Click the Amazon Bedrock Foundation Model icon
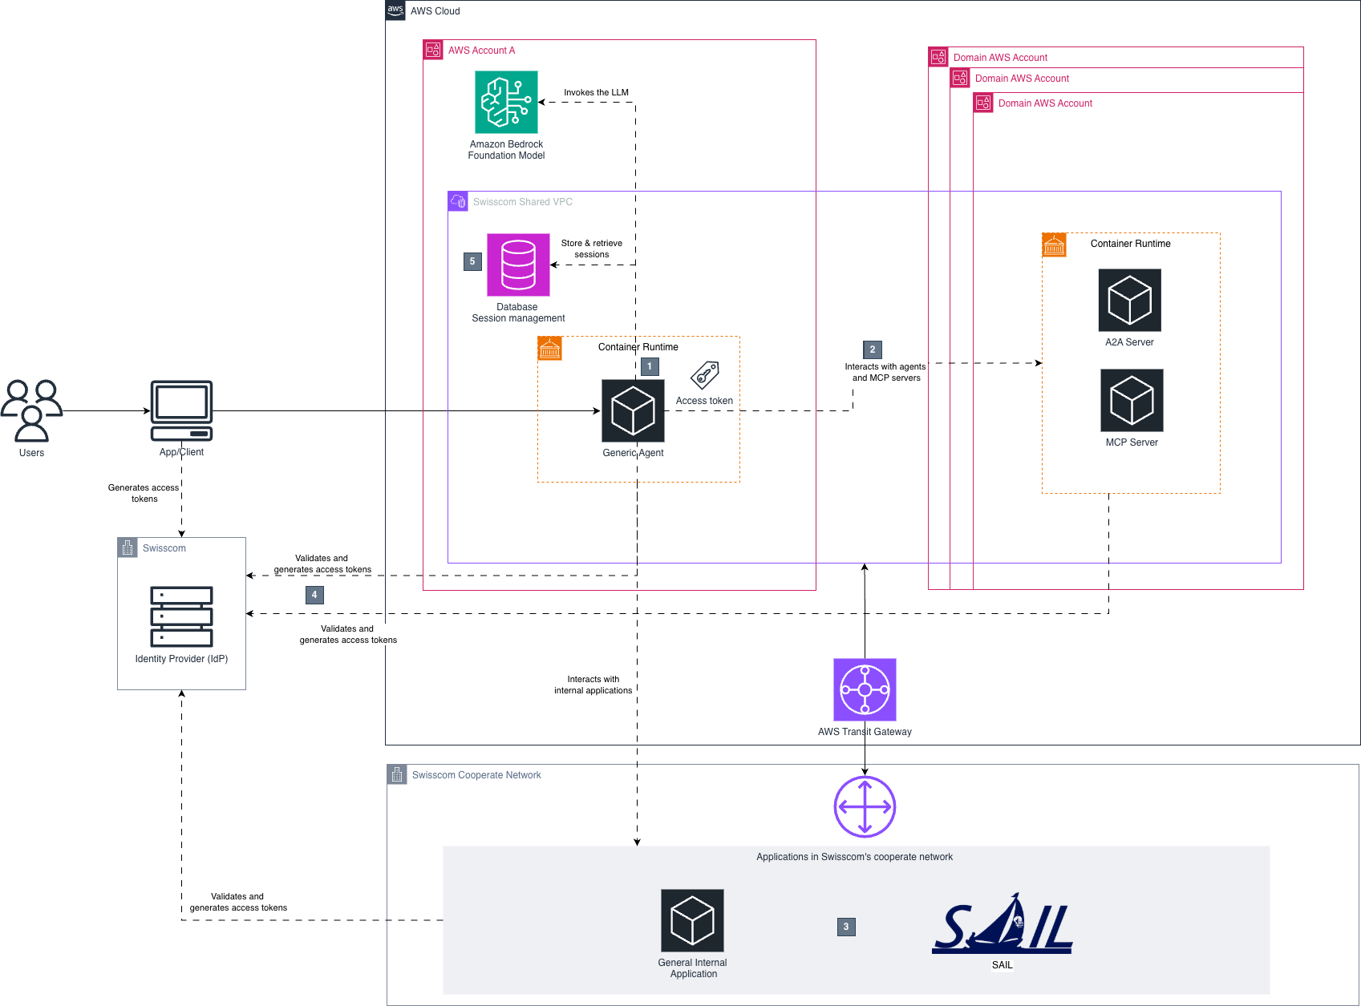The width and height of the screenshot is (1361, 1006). [x=506, y=102]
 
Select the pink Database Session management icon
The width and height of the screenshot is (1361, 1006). [x=518, y=265]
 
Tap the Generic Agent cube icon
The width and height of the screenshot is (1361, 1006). [x=633, y=410]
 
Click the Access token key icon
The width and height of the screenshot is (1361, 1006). [x=705, y=374]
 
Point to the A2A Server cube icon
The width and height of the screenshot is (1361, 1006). [x=1129, y=300]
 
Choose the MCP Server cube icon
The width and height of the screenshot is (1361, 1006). [x=1132, y=400]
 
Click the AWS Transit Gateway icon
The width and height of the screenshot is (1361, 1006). [x=865, y=689]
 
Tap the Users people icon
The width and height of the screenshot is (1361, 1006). [x=31, y=410]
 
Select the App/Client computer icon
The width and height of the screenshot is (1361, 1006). [x=181, y=410]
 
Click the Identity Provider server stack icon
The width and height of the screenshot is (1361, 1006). [x=181, y=616]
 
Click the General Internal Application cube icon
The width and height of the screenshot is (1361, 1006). [x=692, y=920]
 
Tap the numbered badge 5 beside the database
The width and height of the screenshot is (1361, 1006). [x=472, y=261]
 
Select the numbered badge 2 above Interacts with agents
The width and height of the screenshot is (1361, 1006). [x=873, y=349]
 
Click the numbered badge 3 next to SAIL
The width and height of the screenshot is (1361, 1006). [x=846, y=927]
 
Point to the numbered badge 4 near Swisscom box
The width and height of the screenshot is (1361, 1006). [x=314, y=595]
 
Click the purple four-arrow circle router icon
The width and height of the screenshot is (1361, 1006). [x=865, y=806]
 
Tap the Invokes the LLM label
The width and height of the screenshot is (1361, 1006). [x=596, y=92]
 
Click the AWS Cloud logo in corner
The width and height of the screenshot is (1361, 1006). [x=395, y=10]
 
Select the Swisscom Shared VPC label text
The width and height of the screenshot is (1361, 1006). [x=522, y=202]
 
